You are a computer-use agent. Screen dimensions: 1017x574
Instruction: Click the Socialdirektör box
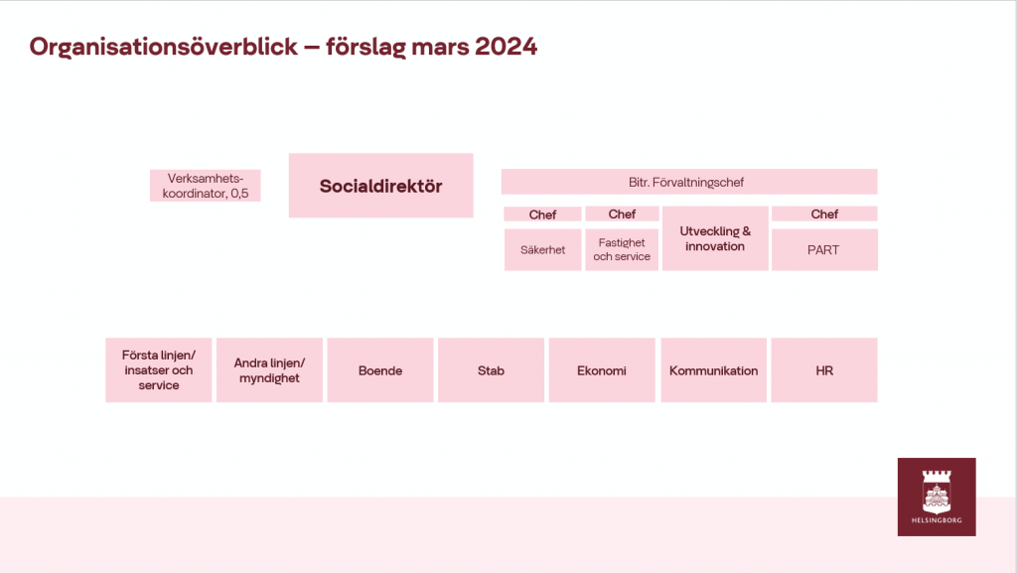tap(380, 186)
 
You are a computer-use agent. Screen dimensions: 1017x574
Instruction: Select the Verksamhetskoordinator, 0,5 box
tap(205, 186)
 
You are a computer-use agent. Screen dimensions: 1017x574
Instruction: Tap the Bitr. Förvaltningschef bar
tap(689, 182)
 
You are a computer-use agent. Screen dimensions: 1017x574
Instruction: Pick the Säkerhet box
tap(543, 249)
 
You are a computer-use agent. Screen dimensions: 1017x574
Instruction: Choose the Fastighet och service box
tap(622, 249)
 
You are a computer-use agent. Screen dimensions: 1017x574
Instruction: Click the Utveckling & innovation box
tap(715, 238)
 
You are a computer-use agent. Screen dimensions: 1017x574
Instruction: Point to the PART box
tap(824, 249)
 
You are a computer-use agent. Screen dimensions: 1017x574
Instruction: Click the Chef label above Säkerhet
tap(543, 215)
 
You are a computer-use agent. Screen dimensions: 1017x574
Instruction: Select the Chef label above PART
tap(824, 215)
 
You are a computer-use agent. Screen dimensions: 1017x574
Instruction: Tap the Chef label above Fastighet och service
tap(622, 215)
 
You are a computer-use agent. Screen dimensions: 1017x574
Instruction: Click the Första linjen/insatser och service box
tap(159, 369)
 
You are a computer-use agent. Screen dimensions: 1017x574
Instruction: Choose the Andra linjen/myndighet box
tap(269, 369)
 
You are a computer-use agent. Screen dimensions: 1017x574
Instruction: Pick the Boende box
tap(380, 369)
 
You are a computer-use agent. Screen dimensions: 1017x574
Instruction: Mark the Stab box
tap(491, 369)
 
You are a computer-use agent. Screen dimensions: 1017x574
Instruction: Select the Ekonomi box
tap(602, 369)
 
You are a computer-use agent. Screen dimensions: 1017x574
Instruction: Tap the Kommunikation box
tap(713, 369)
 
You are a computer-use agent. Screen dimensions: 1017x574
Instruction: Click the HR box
tap(824, 369)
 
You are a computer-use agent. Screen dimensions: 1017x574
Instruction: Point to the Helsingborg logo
tap(937, 497)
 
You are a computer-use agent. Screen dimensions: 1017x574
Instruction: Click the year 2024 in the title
tap(506, 47)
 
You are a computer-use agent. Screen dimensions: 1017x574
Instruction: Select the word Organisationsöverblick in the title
tap(164, 48)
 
